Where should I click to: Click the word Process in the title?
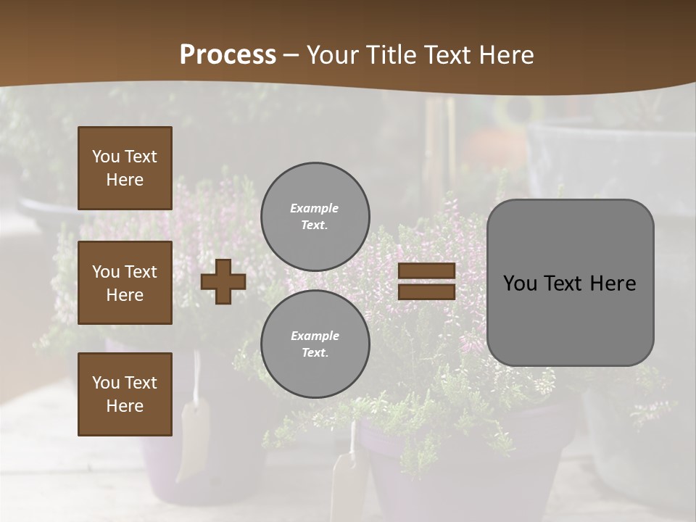tap(228, 55)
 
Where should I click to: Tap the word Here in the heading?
tap(505, 55)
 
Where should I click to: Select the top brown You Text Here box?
tap(125, 168)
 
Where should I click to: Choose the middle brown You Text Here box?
tap(125, 283)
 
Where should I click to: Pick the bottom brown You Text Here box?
tap(125, 394)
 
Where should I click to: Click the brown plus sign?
tap(223, 281)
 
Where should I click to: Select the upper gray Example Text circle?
tap(315, 216)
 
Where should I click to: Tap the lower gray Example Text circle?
tap(315, 344)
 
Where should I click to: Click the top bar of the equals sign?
tap(426, 271)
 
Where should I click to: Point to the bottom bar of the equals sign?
tap(426, 291)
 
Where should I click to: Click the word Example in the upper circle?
tap(315, 208)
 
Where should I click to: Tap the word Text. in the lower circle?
tap(315, 352)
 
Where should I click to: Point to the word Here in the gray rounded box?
tap(613, 283)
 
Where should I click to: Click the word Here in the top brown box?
tap(125, 180)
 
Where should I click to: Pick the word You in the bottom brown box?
tap(106, 383)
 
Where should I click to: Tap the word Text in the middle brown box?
tap(140, 272)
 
